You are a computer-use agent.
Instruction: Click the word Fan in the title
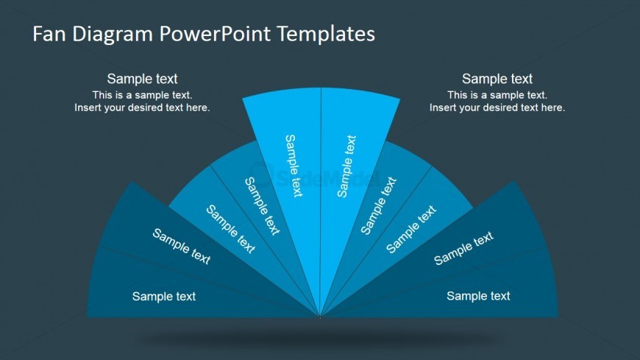coord(49,34)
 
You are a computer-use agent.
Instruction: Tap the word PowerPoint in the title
coord(215,34)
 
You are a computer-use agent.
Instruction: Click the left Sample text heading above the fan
coord(142,79)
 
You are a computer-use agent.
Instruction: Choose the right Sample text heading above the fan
coord(497,79)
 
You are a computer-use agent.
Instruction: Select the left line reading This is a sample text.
coord(142,95)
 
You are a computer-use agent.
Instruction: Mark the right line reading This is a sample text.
coord(497,95)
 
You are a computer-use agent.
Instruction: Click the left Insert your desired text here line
coord(142,108)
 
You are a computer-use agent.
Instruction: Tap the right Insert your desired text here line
coord(497,108)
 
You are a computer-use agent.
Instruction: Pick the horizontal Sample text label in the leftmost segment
coord(164,297)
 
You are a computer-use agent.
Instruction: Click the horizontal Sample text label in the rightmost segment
coord(478,296)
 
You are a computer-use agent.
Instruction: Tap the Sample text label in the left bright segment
coord(294,166)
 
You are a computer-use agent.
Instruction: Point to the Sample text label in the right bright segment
coord(347,166)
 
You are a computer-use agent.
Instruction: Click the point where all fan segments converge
coord(321,317)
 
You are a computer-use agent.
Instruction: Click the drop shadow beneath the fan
coord(321,338)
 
